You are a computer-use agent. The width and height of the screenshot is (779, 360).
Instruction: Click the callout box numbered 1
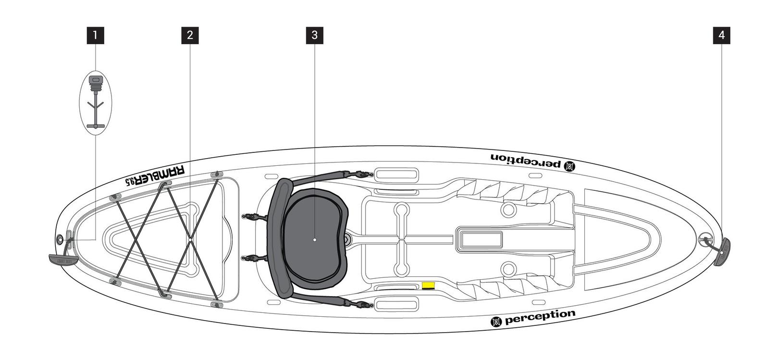(95, 35)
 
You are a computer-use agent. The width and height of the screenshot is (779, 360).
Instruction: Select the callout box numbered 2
(190, 35)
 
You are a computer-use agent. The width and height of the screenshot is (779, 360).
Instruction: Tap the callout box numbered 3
(314, 35)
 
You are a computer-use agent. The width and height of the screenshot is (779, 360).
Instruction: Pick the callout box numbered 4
(721, 35)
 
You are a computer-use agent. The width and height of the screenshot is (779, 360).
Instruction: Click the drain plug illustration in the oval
(95, 102)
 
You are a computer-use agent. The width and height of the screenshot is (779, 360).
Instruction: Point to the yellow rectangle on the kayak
(428, 286)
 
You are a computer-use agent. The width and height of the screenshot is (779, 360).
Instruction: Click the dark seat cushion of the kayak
(315, 236)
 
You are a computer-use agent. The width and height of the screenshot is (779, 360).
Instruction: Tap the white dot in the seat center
(314, 239)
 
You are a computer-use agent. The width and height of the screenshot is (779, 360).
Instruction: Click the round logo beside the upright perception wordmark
(496, 321)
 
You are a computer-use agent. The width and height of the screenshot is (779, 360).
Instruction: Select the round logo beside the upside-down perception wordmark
(569, 166)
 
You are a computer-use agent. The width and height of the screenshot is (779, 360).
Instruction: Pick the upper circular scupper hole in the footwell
(508, 209)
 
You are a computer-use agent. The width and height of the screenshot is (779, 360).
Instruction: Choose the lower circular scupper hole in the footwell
(508, 268)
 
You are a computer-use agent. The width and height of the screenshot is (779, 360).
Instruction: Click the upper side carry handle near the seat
(396, 174)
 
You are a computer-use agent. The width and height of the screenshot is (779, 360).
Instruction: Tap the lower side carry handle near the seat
(396, 304)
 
